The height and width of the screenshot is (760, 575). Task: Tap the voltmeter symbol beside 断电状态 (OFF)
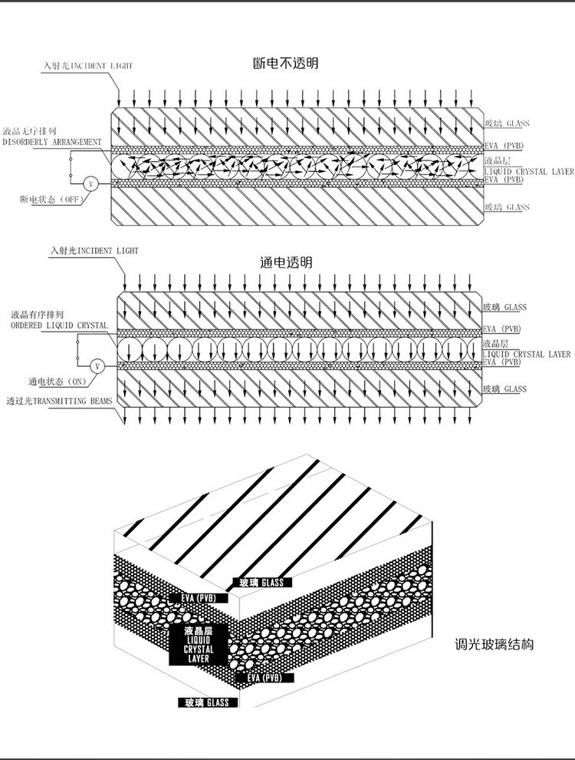click(89, 183)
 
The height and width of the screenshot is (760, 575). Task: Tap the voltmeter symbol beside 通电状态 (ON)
click(97, 367)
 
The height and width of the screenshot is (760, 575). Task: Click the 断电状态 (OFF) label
click(51, 199)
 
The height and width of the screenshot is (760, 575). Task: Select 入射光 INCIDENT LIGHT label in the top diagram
click(88, 66)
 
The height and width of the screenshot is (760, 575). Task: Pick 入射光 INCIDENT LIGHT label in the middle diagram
click(94, 250)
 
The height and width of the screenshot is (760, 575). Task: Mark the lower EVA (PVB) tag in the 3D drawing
click(264, 679)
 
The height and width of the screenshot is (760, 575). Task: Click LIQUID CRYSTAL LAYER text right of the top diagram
click(529, 171)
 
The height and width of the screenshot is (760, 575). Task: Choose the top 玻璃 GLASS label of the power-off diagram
click(507, 123)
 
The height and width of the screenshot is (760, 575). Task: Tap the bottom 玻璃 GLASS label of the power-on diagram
click(505, 390)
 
